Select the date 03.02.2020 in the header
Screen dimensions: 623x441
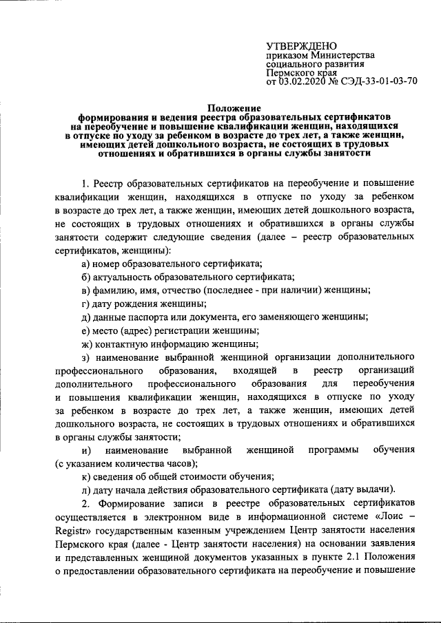[x=301, y=81]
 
